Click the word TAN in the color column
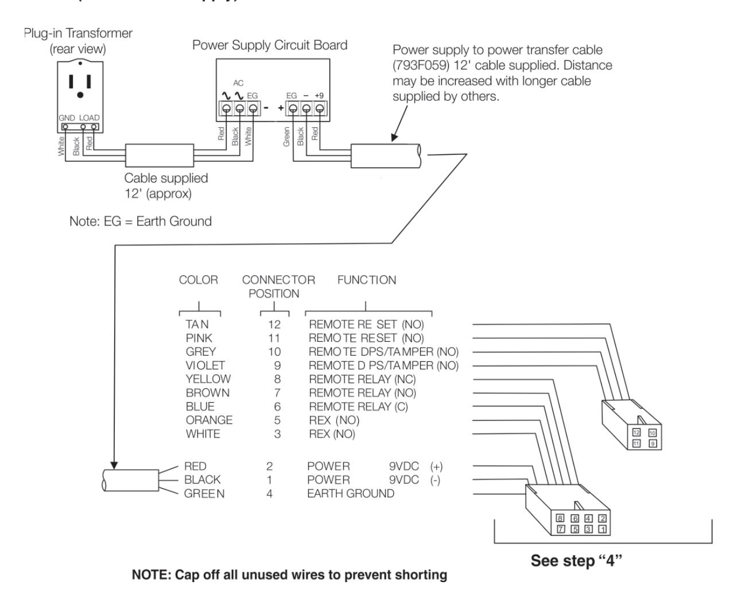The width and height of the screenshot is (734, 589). (x=197, y=325)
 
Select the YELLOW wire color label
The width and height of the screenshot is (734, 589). (x=208, y=379)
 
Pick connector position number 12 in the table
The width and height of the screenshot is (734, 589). (x=274, y=325)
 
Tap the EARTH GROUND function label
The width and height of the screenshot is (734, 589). (x=350, y=493)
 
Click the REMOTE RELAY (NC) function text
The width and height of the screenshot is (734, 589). (x=362, y=379)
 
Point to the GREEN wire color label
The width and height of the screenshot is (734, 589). (x=204, y=493)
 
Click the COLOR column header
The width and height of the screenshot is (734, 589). (x=199, y=280)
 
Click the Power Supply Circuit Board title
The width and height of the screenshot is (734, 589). (x=270, y=45)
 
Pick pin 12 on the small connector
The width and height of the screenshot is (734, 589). (x=636, y=432)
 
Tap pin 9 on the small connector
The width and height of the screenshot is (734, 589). (x=652, y=443)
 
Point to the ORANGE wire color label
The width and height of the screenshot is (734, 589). (x=209, y=420)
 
